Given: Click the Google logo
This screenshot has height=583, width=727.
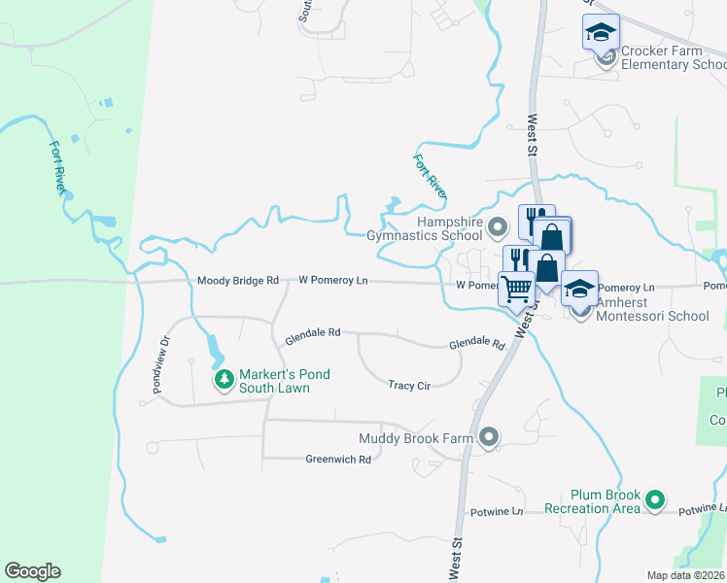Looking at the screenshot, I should tap(32, 571).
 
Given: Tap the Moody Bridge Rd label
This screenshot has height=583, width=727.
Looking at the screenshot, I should tap(237, 281).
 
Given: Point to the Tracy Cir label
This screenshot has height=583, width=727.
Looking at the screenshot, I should tap(409, 386).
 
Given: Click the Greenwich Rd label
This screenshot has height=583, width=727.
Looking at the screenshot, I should tap(338, 460).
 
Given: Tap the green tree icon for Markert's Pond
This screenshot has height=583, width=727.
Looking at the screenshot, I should tap(225, 378).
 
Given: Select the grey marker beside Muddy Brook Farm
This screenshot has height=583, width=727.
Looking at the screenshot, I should tap(489, 437).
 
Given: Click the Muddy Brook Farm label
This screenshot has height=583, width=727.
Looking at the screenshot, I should tap(415, 439).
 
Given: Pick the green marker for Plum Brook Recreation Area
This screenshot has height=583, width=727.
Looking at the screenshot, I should tap(655, 501).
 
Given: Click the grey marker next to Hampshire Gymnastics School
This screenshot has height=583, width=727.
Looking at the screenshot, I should tap(499, 229).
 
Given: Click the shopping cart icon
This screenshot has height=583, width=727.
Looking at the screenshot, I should tap(516, 288).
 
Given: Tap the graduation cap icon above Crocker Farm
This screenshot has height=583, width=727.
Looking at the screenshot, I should tap(601, 31).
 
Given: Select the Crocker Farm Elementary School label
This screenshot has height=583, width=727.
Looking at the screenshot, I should tap(673, 58).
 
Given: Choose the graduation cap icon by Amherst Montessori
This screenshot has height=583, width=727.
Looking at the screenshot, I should tap(579, 289).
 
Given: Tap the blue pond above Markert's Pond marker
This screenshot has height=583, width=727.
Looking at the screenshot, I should tap(212, 345).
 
